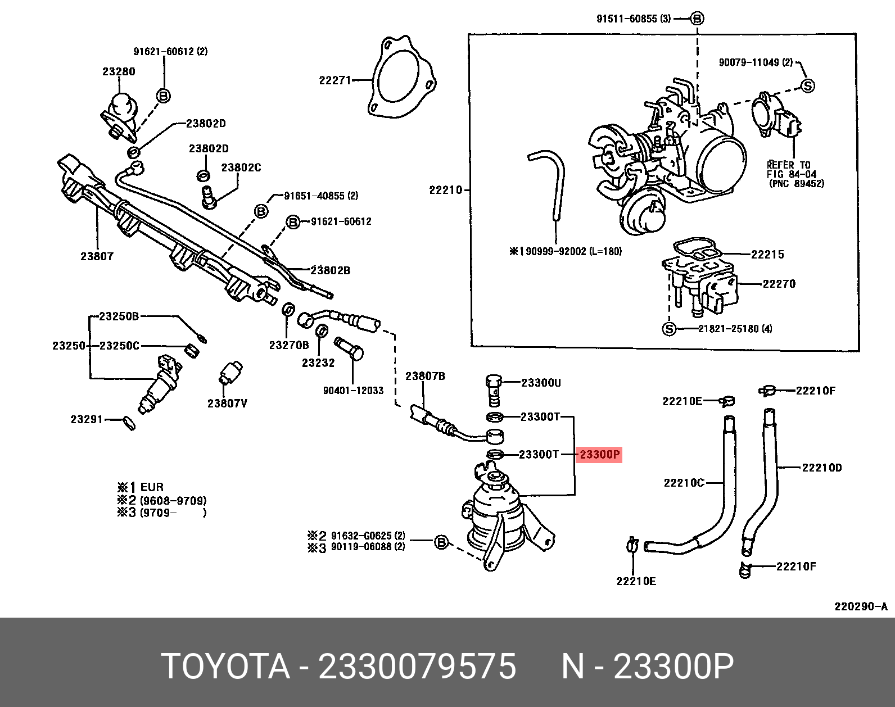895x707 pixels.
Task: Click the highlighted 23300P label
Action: (599, 454)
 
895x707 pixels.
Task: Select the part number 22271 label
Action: (335, 80)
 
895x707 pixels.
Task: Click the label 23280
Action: (119, 71)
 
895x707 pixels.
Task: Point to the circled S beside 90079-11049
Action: (807, 86)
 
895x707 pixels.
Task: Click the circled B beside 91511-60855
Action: (697, 19)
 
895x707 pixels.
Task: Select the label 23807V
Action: (227, 403)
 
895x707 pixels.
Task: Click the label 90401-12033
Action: (353, 390)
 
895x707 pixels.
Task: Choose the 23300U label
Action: (541, 383)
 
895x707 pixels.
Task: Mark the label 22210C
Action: (684, 483)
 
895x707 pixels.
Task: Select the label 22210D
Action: (821, 468)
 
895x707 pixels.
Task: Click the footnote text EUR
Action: (152, 487)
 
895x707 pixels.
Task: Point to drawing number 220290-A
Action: (860, 606)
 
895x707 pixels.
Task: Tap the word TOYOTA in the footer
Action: (225, 666)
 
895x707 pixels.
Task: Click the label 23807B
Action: (425, 376)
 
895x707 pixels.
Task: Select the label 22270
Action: (779, 284)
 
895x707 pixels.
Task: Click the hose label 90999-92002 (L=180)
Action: (573, 251)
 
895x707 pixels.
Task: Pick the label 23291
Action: (87, 419)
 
